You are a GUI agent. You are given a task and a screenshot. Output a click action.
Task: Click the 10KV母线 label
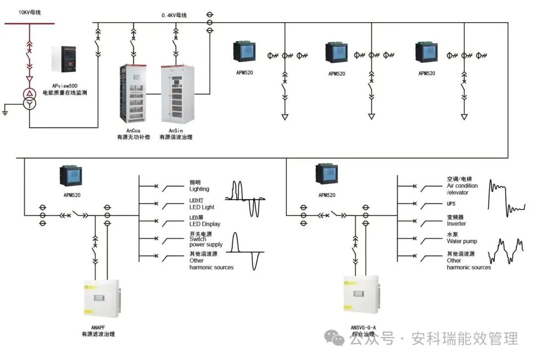[x=29, y=12]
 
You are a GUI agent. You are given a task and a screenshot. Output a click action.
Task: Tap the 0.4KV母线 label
[x=174, y=15]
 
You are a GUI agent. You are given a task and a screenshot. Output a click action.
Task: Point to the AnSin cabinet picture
[x=175, y=95]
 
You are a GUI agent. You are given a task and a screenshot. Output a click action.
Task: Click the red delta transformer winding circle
[x=30, y=94]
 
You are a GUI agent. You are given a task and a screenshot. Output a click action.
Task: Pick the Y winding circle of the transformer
[x=30, y=104]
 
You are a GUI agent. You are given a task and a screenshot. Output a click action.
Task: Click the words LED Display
[x=205, y=224]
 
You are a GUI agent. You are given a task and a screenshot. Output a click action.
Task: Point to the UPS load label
[x=451, y=204]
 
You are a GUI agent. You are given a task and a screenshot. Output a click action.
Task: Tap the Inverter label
[x=456, y=223]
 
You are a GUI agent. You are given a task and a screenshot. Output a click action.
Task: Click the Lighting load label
[x=199, y=189]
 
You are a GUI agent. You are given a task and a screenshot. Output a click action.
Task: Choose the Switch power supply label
[x=206, y=242]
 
